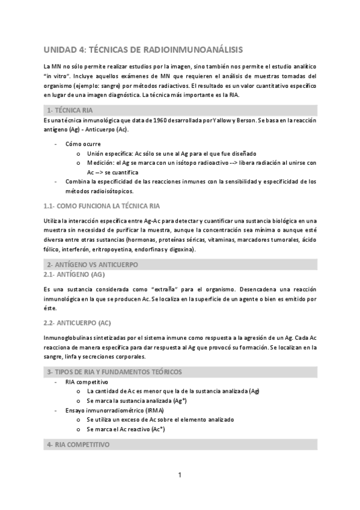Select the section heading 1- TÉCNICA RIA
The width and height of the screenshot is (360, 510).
pos(70,111)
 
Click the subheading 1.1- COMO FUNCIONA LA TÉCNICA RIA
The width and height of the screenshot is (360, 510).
pos(102,206)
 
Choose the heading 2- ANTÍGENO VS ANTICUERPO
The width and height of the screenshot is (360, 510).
pos(93,265)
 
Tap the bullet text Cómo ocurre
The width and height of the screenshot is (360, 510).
pos(84,144)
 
